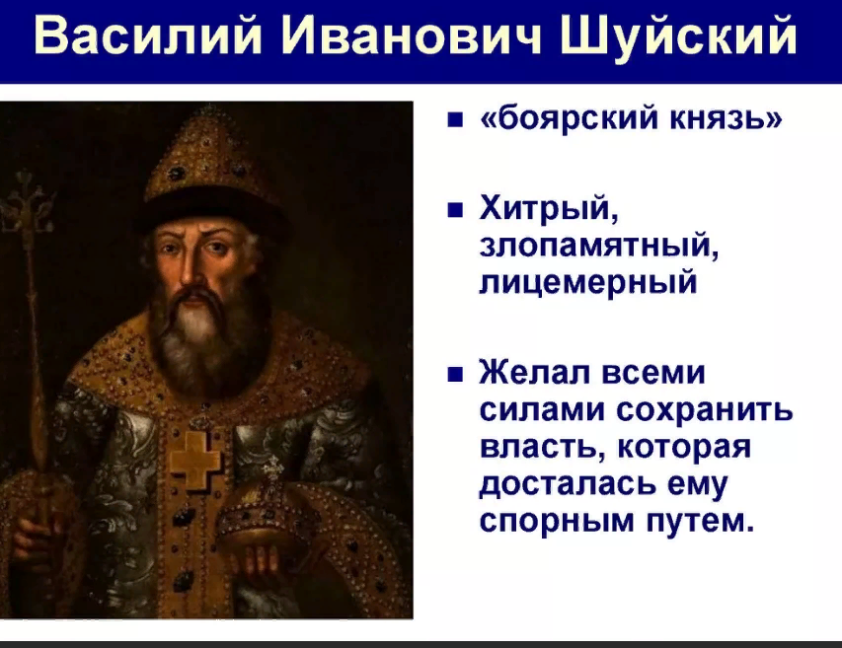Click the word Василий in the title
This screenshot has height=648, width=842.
[x=147, y=36]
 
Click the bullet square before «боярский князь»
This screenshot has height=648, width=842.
[x=455, y=119]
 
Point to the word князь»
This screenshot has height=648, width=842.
[x=725, y=117]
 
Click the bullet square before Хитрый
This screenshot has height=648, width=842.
[x=455, y=210]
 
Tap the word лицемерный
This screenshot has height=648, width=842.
[x=588, y=283]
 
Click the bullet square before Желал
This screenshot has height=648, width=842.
[x=455, y=374]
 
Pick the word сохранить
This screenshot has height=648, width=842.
[x=705, y=410]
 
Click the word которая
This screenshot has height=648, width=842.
[x=684, y=448]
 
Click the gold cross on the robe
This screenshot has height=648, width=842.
[x=195, y=460]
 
